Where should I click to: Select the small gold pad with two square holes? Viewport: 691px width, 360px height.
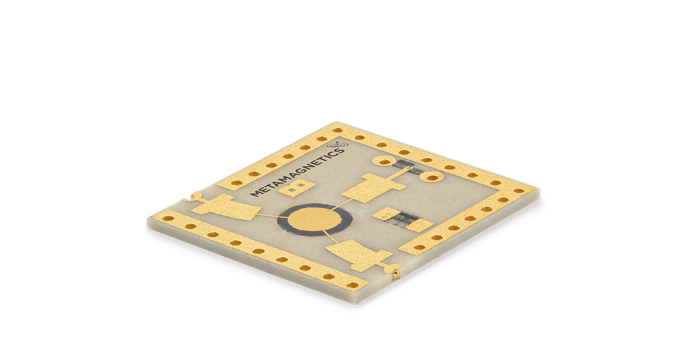tap(297, 188)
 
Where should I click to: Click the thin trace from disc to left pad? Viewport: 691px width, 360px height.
tap(267, 215)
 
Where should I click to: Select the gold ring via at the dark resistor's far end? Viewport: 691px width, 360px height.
tap(433, 176)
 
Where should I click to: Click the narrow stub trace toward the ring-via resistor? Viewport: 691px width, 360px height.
tap(402, 175)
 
